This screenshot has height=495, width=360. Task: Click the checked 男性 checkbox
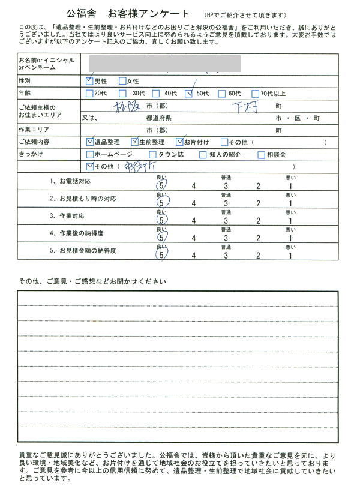pos(90,80)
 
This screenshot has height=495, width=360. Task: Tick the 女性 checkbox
pos(122,80)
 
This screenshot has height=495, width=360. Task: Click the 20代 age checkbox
pos(90,93)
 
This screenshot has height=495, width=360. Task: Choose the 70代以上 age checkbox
pos(256,93)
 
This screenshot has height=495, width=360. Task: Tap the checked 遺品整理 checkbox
pos(90,142)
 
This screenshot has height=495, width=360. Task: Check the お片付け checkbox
pos(179,142)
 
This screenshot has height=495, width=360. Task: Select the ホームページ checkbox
pos(90,154)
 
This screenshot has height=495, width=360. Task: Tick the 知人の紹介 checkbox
pos(205,154)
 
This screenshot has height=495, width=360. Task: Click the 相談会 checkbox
pos(261,154)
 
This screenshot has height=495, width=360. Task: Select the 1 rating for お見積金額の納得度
pos(290,256)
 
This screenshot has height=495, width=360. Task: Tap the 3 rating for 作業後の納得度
pos(226,238)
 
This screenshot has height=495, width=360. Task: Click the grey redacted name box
pos(164,62)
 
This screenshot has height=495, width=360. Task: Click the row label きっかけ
pos(31,154)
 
